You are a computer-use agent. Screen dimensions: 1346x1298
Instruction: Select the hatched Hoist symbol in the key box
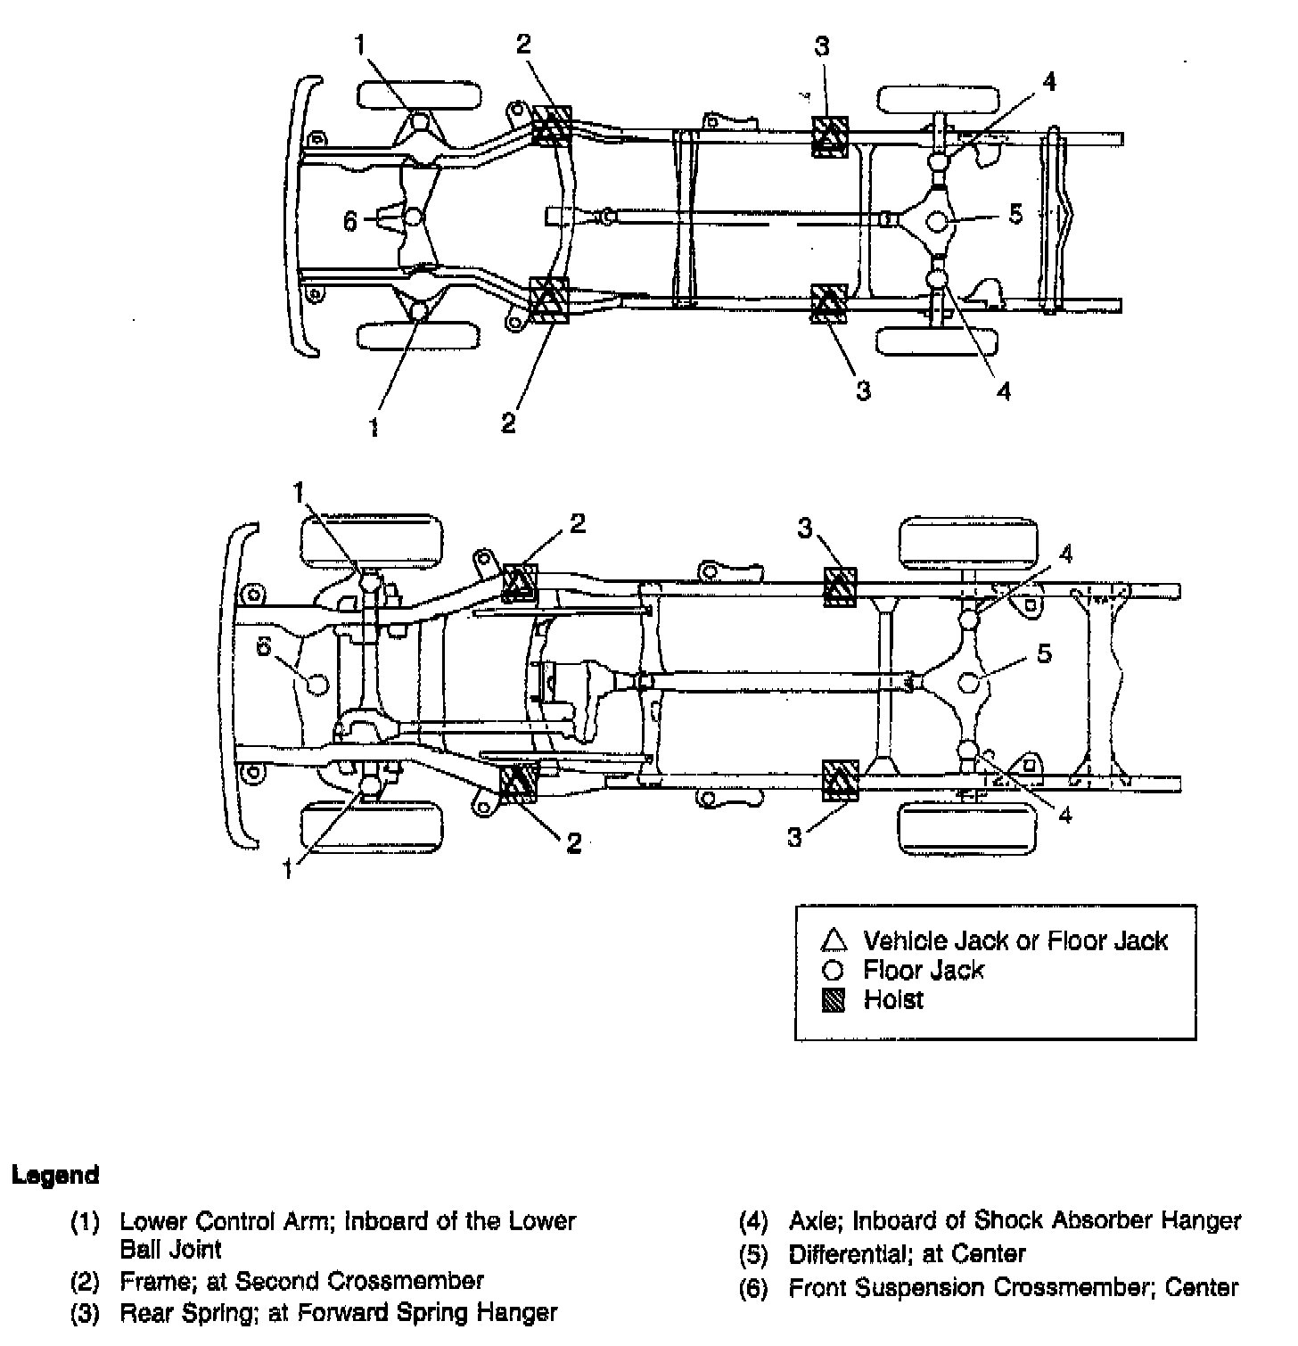(x=833, y=1001)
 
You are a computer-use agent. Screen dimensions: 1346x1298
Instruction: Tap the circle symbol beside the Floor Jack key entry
(x=833, y=971)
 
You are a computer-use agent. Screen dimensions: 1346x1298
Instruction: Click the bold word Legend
(x=55, y=1175)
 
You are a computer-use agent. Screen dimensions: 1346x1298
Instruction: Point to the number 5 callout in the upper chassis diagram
(x=1015, y=215)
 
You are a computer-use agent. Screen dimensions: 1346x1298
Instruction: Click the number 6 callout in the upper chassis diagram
(x=351, y=220)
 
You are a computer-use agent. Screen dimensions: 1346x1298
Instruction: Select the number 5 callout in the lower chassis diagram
(x=1044, y=653)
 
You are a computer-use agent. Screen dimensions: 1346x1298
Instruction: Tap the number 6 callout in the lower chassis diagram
(x=264, y=647)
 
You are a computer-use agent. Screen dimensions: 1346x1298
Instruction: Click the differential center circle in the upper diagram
(x=937, y=219)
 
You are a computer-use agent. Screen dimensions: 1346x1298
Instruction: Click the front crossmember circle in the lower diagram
(x=316, y=684)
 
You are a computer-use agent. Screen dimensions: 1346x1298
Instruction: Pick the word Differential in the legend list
(x=844, y=1254)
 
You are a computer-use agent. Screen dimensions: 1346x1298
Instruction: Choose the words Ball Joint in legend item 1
(x=170, y=1249)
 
